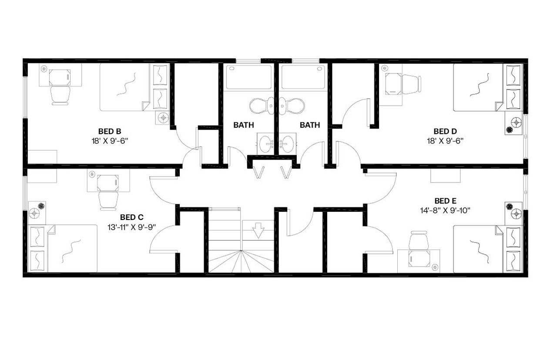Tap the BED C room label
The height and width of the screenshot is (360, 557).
pos(132,217)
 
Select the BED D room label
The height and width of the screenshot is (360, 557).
pos(445,131)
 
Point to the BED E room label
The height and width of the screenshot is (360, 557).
pos(445,200)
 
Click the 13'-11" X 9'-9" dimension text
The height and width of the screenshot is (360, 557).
pos(132,227)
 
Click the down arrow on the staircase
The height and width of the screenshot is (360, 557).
pos(258,230)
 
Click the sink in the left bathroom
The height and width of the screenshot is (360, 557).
pos(265,142)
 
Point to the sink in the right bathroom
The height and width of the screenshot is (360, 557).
pos(287,142)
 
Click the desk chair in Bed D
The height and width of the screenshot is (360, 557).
pos(411,84)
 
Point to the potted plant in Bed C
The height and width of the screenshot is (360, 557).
pos(41,206)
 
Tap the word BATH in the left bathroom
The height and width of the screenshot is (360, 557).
pos(244,125)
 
